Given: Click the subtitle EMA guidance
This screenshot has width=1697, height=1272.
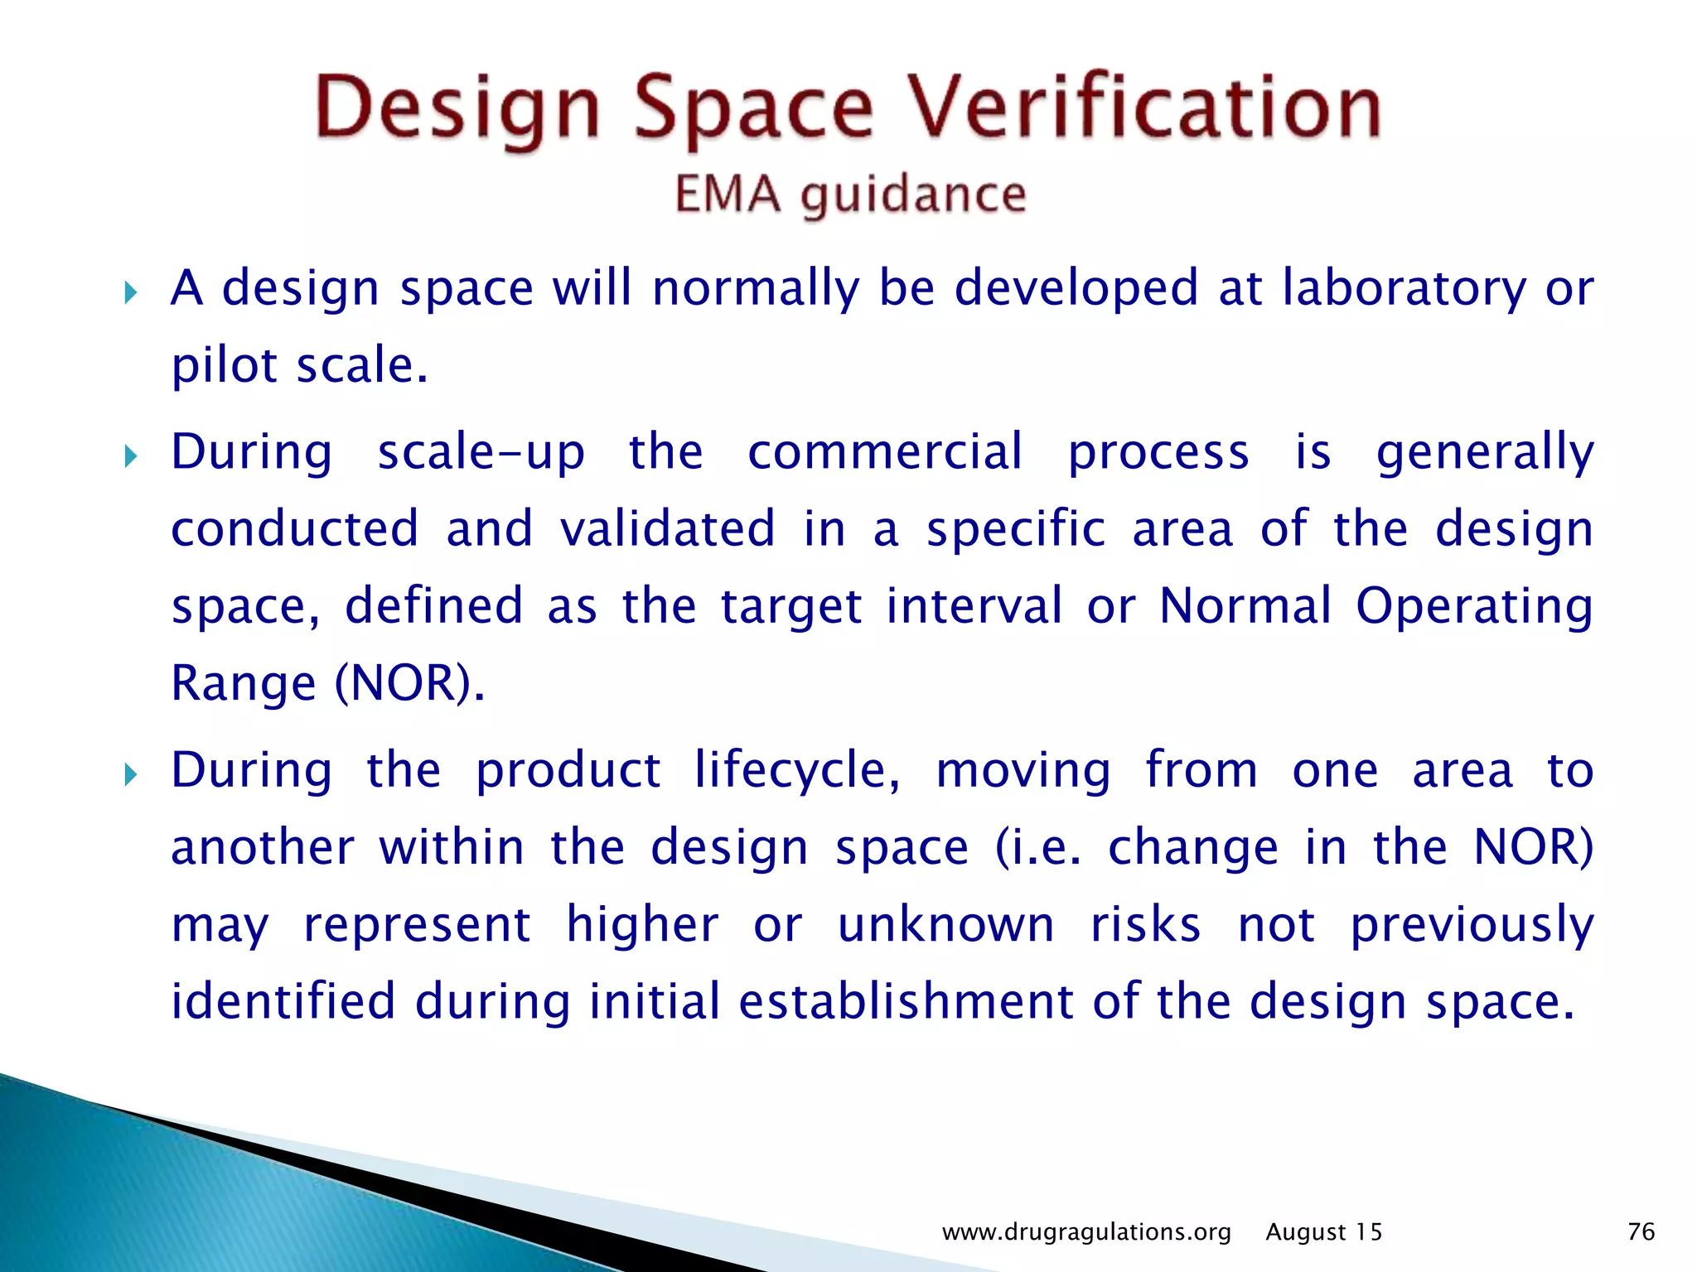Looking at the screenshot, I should click(850, 195).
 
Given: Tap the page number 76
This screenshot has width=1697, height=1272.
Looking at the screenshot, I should click(1641, 1231).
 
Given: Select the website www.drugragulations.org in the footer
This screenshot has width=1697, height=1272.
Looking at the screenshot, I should click(1086, 1232).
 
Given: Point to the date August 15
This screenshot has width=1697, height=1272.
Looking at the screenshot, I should click(1323, 1232).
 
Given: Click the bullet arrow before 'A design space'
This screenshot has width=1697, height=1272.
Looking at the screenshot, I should click(130, 292).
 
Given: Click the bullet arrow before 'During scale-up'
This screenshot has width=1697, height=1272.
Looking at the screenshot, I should click(130, 455).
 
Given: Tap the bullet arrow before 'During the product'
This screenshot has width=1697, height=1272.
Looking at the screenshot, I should click(130, 775).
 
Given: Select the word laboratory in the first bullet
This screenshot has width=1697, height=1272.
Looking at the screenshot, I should click(1404, 289).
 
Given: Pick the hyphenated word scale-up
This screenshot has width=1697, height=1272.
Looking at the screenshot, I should click(481, 453).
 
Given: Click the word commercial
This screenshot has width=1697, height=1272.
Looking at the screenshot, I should click(885, 451).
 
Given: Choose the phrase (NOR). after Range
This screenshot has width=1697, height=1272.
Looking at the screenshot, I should click(409, 683).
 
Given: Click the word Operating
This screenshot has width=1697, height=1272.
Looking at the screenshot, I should click(1473, 606).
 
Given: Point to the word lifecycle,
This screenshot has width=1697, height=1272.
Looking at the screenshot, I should click(797, 771).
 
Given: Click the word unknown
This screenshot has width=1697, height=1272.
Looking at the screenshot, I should click(945, 924).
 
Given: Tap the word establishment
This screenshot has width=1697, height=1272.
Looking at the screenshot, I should click(906, 1001).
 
